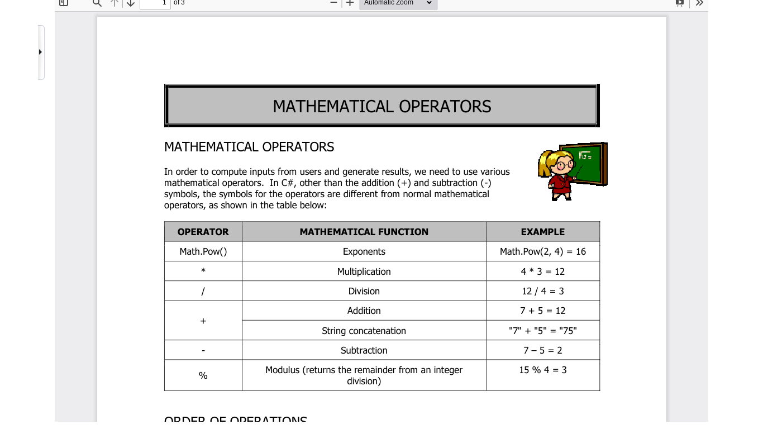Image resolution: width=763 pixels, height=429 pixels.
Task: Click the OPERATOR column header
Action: pyautogui.click(x=203, y=232)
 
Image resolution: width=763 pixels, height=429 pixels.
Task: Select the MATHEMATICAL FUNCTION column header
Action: pyautogui.click(x=364, y=232)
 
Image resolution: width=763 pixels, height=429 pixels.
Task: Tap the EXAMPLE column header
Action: pyautogui.click(x=542, y=232)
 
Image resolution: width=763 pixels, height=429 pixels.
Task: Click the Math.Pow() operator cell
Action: pyautogui.click(x=203, y=251)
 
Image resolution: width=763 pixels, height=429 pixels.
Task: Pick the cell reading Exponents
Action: pyautogui.click(x=364, y=251)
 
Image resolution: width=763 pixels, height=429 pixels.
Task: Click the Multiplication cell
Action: pyautogui.click(x=364, y=271)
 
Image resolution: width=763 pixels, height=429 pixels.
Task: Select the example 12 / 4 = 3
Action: pyautogui.click(x=542, y=291)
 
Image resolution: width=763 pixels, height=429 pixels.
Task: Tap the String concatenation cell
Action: pyautogui.click(x=364, y=331)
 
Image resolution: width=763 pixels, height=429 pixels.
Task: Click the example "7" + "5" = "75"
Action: pyautogui.click(x=542, y=331)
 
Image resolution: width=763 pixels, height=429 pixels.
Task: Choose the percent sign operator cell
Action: pyautogui.click(x=203, y=375)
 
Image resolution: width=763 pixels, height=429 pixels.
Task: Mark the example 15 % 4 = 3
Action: pyautogui.click(x=542, y=370)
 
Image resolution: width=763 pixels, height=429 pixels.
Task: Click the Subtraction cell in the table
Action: pyautogui.click(x=364, y=350)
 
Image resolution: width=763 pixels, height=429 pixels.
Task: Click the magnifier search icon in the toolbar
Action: pyautogui.click(x=97, y=3)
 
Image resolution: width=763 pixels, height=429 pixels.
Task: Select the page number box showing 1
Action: pyautogui.click(x=155, y=3)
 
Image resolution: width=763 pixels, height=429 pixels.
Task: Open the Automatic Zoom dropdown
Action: pyautogui.click(x=398, y=3)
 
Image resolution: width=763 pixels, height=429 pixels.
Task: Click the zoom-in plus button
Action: pyautogui.click(x=350, y=3)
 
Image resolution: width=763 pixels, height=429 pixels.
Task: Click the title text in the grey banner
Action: pyautogui.click(x=381, y=106)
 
